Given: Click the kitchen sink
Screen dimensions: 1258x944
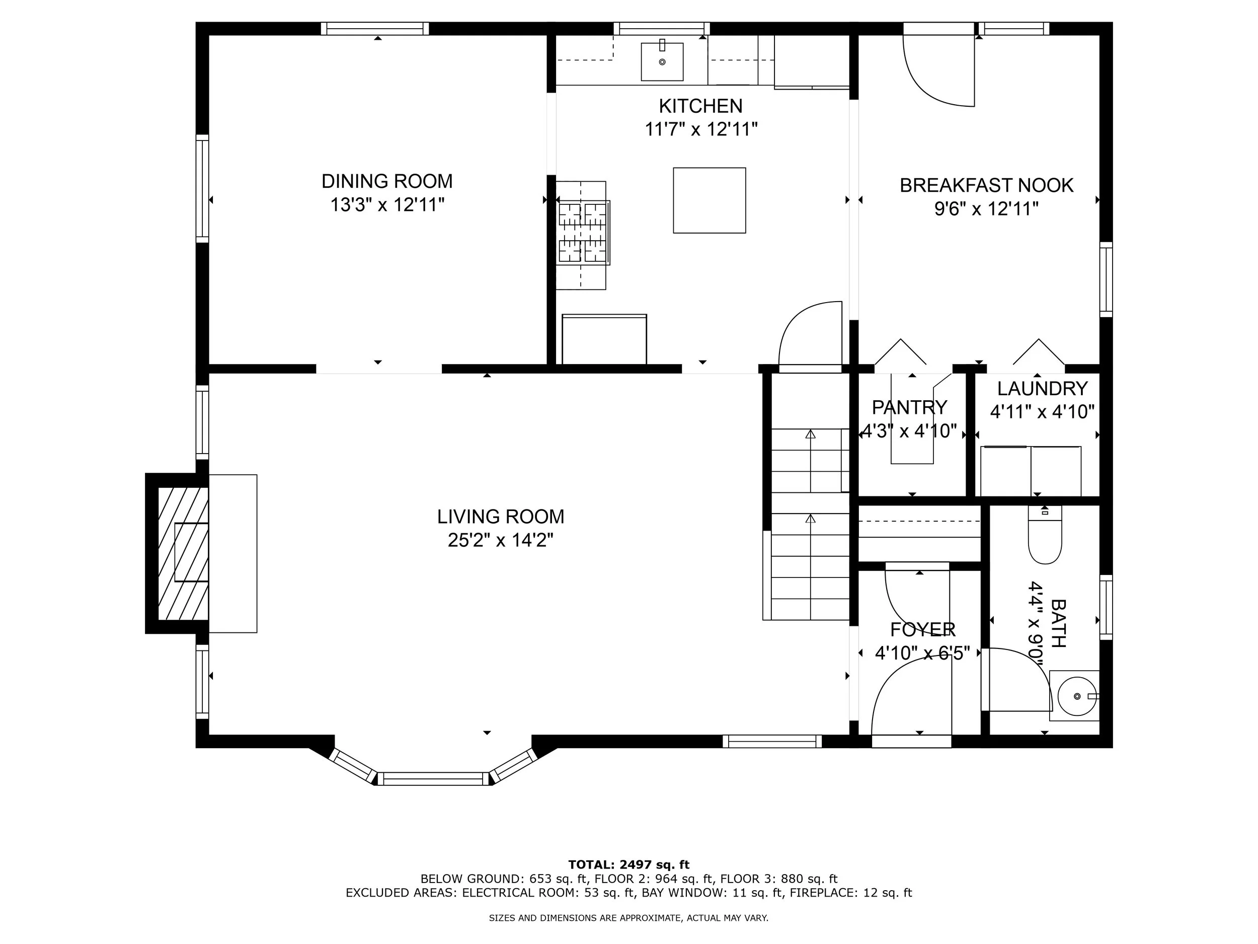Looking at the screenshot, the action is (662, 61).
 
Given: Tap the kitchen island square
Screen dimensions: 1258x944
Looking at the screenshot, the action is (709, 200).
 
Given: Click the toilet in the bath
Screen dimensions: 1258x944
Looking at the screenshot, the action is (1045, 535).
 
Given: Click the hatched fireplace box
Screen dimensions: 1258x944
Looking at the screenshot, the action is (183, 553).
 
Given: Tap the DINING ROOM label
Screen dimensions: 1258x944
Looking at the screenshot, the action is (387, 181).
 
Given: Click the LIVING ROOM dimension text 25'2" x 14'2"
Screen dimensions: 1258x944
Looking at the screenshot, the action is (501, 539).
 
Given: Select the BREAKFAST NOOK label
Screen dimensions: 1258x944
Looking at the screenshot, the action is (987, 185).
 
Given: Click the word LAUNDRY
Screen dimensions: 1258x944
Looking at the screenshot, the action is (1043, 389).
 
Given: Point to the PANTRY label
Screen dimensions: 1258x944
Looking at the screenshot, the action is (909, 407).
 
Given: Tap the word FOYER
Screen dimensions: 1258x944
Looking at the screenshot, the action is (922, 630).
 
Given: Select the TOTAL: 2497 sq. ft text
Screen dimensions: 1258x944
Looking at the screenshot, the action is (629, 865).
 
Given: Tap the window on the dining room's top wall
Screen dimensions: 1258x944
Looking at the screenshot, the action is (375, 29).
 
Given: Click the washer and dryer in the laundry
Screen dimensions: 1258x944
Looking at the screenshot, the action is (1031, 471).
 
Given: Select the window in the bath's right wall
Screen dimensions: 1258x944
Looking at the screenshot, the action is (1106, 607).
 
